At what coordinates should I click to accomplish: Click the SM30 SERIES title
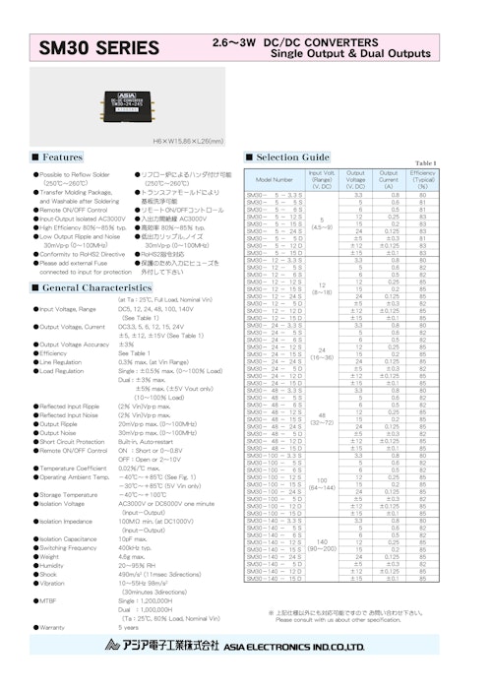coord(97,46)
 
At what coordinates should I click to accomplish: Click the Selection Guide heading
coord(292,157)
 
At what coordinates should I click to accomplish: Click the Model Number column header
coord(275,181)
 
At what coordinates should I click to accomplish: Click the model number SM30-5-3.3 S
coord(275,195)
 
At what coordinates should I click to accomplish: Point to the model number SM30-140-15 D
coord(275,578)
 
